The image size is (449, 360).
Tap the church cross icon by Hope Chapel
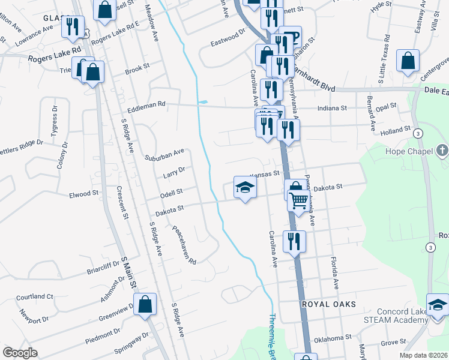pos(442,150)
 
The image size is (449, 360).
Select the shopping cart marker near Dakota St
pos(298,202)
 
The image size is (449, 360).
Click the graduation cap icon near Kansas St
pos(245,188)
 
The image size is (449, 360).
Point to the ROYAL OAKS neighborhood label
pos(328,304)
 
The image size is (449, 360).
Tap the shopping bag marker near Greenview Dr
pos(145,304)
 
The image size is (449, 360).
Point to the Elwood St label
pos(83,194)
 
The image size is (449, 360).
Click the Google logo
pos(20,353)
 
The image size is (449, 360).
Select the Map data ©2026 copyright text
pos(423,355)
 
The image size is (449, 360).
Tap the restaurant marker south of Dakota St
pos(294,241)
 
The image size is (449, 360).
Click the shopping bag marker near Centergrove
pos(408,61)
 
